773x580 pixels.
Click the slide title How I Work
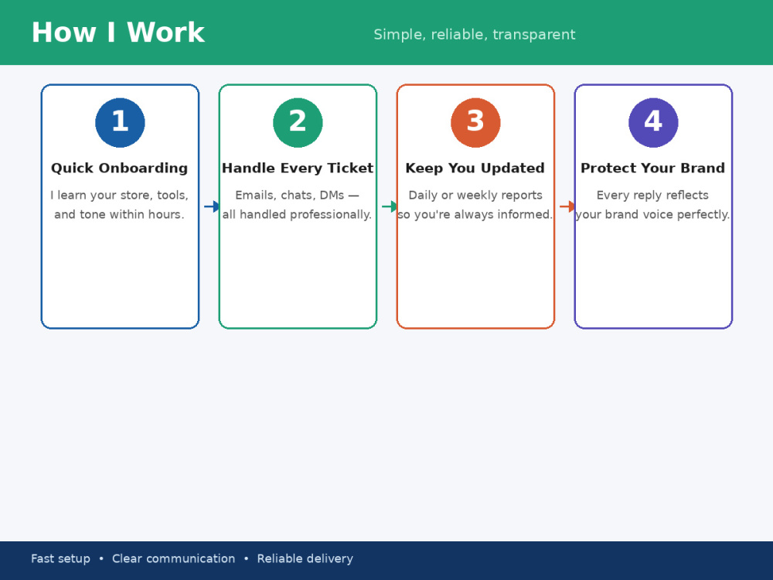coord(117,32)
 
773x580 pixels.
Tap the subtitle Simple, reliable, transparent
coord(475,35)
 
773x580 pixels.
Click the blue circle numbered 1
coord(121,122)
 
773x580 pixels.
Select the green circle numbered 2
coord(298,122)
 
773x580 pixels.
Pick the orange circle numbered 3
coord(475,122)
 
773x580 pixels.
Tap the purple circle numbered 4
coord(653,122)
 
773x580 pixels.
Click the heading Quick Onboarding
coord(119,168)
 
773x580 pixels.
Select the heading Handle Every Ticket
coord(298,168)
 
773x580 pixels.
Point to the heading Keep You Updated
coord(475,168)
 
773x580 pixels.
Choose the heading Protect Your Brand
coord(652,168)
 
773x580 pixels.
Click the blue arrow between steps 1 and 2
coord(212,206)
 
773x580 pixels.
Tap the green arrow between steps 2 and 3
coord(390,206)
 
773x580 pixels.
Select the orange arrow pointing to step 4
coord(567,206)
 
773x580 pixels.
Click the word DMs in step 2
coord(332,196)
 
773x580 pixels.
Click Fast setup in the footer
coord(60,559)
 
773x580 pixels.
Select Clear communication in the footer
coord(173,559)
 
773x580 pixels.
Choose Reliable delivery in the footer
coord(305,559)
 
